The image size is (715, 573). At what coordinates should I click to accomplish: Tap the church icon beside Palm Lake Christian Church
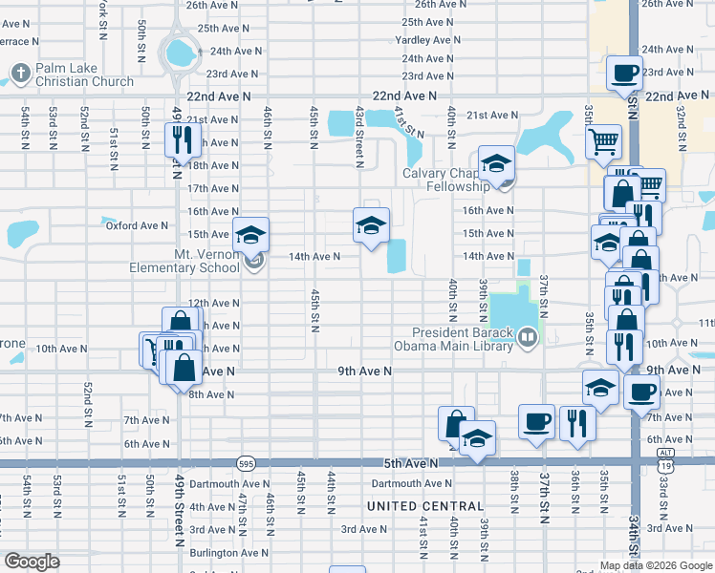click(x=21, y=71)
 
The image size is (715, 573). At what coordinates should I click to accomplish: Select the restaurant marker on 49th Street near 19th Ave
click(x=180, y=140)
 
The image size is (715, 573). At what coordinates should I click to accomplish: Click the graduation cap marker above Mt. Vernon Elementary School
click(x=250, y=234)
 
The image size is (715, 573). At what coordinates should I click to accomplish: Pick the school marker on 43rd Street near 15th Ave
click(x=371, y=224)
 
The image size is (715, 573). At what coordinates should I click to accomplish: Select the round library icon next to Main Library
click(x=526, y=337)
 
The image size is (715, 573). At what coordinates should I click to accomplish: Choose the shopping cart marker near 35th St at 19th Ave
click(x=603, y=142)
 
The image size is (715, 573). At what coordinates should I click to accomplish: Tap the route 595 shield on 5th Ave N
click(x=245, y=463)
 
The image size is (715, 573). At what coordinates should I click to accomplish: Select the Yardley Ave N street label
click(x=429, y=40)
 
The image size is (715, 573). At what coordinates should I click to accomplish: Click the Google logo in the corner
click(x=32, y=561)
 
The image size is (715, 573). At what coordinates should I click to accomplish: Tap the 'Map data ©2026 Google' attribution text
click(x=655, y=565)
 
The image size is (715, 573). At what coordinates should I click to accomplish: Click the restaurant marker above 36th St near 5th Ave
click(x=576, y=422)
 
